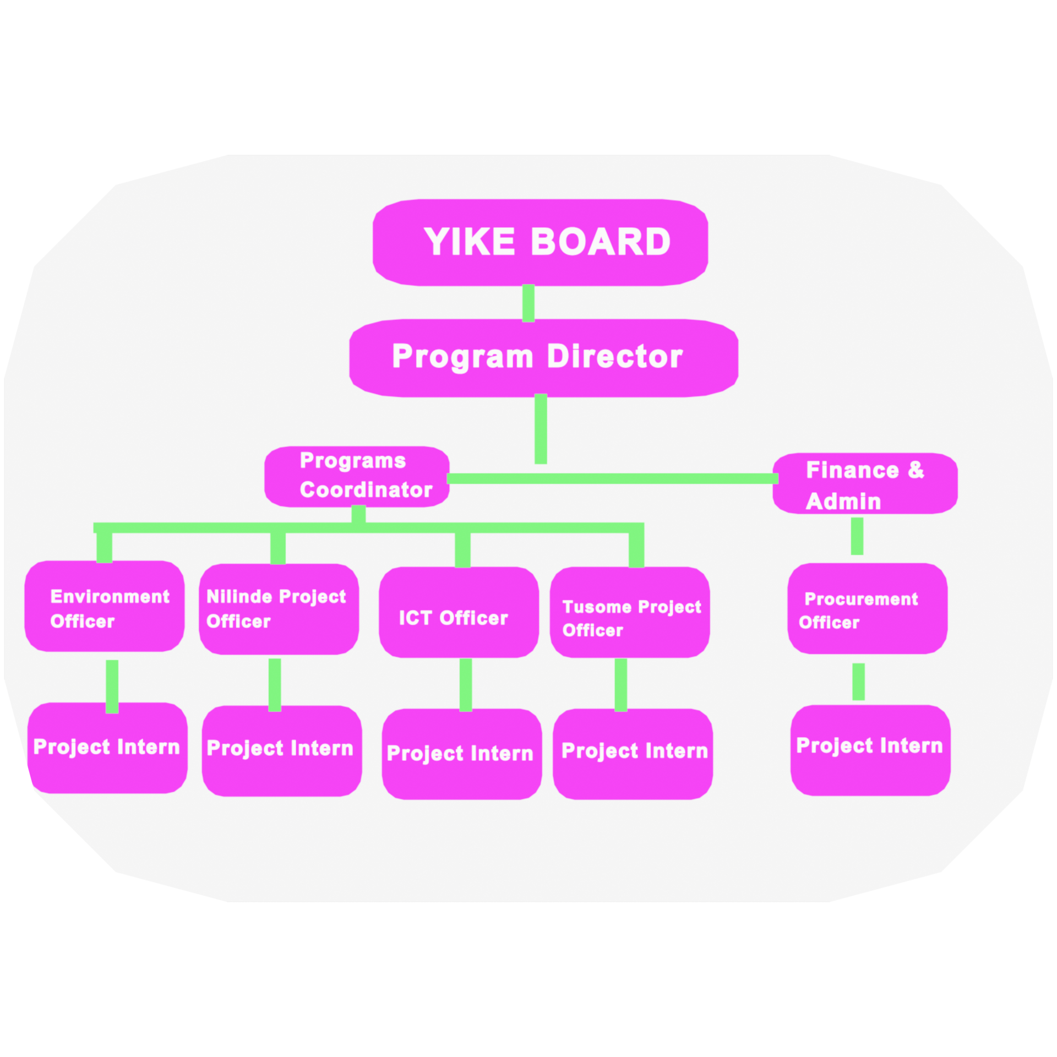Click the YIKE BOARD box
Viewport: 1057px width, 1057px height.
tap(540, 242)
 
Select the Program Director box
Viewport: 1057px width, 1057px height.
tap(543, 358)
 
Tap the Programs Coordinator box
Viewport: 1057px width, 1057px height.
tap(357, 476)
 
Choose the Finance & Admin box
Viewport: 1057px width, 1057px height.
tap(865, 483)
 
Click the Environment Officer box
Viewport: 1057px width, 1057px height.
tap(105, 606)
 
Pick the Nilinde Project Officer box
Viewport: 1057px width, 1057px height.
tap(279, 609)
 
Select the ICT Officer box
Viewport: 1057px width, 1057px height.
tap(459, 612)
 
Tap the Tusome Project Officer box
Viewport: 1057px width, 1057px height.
tap(630, 612)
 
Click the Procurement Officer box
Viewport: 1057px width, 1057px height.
tap(867, 608)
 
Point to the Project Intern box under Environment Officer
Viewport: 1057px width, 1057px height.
tap(107, 748)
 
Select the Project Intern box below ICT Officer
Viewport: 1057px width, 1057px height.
tap(462, 754)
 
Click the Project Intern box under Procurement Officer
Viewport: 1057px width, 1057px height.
tap(870, 750)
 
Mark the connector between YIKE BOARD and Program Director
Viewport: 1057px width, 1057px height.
tap(528, 303)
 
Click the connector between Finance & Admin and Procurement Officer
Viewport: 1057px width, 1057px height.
tap(857, 536)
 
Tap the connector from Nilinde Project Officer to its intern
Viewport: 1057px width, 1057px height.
tap(275, 684)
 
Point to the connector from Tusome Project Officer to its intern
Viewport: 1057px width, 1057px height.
tap(621, 684)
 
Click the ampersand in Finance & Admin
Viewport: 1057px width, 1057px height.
tap(916, 470)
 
